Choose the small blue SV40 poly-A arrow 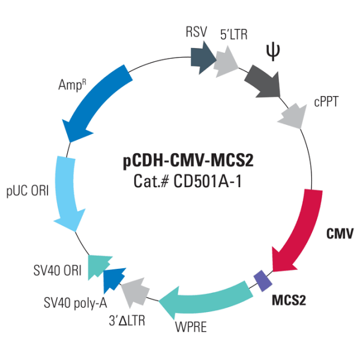click(113, 278)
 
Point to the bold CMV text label click(340, 232)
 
